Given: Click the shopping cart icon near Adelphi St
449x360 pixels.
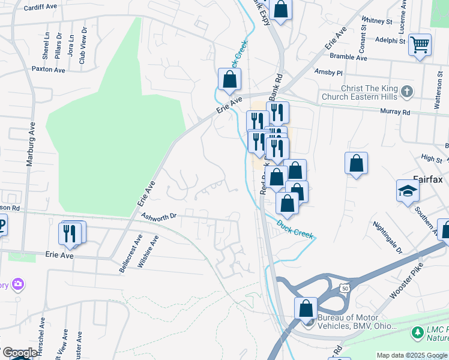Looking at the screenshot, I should coord(420,44).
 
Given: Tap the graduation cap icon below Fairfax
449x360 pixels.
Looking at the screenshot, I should coord(408,191).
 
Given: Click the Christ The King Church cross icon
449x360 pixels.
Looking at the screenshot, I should coord(407,92).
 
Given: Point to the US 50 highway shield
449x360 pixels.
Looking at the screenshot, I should coord(344,288).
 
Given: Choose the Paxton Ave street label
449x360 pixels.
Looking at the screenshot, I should coord(49,70).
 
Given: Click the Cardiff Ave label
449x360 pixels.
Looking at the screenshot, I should coord(40,8).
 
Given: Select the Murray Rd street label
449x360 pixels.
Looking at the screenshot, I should coord(397,112).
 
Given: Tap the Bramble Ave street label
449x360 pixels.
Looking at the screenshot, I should coord(349,58).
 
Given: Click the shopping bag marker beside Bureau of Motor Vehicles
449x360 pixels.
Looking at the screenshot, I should coord(306,308).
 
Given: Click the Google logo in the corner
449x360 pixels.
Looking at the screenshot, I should coord(19,353).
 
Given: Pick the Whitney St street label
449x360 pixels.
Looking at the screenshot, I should coord(377,20).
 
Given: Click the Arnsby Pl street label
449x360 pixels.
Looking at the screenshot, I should coord(328,73).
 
